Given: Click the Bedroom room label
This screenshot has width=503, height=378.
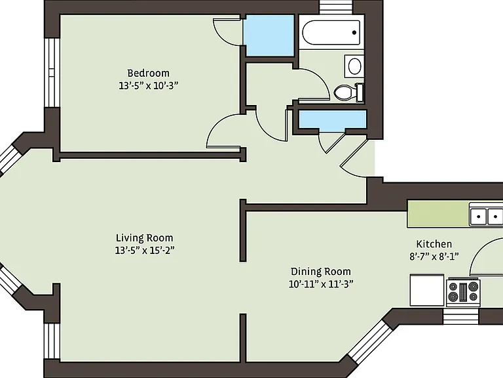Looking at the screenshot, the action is pos(148,73).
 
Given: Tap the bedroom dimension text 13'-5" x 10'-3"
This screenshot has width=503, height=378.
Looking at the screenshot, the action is pos(148,86).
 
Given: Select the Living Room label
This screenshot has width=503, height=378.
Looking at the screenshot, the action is pos(144,238).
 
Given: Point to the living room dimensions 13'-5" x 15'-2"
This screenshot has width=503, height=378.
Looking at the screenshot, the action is pos(145,250).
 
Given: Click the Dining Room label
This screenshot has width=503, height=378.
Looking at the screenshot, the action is pos(321,272).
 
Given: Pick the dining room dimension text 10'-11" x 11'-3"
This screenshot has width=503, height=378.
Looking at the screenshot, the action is pos(321,284).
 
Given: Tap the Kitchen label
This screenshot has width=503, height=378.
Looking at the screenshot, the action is pos(434,244).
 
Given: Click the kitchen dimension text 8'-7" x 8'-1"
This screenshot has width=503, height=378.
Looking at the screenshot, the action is pos(434,257).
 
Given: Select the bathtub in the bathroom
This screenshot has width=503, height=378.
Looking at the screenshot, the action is pos(331,32).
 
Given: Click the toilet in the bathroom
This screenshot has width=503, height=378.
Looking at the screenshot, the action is pos(348,93).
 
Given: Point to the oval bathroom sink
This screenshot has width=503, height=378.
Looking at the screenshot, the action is pos(354,66).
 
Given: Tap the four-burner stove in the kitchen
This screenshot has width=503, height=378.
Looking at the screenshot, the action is pos(463,292).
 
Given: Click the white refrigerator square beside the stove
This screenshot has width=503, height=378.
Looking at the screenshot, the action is pos(427,289).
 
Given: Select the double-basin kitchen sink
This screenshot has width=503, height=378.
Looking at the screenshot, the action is pos(486,216).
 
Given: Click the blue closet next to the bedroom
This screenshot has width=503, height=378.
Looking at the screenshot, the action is pos(269,35).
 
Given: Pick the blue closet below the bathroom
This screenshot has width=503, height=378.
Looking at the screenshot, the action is pos(332,119).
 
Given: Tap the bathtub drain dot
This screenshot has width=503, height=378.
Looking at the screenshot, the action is pos(354,32).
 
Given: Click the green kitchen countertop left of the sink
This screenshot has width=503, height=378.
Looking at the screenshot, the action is pos(438,214).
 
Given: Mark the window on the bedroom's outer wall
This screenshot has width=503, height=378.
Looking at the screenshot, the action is pos(52,73).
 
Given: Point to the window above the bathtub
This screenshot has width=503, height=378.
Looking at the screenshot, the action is pos(336,7).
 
